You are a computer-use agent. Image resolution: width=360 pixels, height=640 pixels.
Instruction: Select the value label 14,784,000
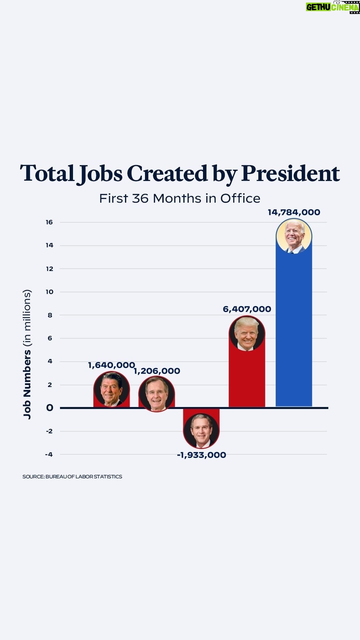point(294,212)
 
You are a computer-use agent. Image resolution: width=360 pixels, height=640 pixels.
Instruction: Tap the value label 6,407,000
point(247,309)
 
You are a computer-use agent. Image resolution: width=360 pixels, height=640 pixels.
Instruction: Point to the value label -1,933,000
point(201,455)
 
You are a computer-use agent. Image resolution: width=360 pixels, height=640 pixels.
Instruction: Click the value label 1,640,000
point(111,365)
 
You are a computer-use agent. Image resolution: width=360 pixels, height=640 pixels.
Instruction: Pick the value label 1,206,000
point(157,371)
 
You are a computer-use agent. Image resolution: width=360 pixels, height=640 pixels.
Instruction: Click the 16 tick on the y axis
point(49,222)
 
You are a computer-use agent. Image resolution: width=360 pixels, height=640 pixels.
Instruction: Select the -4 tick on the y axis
point(49,454)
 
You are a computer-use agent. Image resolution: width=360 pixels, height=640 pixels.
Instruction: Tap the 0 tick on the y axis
point(50,408)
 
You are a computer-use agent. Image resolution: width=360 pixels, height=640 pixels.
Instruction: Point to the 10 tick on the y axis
point(49,292)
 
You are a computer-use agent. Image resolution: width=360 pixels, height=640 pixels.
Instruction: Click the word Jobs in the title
point(100,174)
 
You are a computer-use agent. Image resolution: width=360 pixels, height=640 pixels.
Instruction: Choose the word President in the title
point(290,174)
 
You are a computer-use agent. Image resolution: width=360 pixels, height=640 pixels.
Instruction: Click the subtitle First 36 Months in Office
point(180,198)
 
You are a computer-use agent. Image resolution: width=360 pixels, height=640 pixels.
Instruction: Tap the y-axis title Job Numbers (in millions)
point(27,354)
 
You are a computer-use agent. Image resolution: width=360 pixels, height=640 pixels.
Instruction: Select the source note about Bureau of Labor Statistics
point(72,477)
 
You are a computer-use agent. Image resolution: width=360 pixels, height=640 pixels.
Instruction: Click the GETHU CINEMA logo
point(332,7)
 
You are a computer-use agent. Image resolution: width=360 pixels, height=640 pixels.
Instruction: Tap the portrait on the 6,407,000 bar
point(247,333)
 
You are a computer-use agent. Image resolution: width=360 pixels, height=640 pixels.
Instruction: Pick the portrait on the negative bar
point(201,431)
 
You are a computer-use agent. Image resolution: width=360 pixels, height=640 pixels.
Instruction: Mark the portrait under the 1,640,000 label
point(111,389)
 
